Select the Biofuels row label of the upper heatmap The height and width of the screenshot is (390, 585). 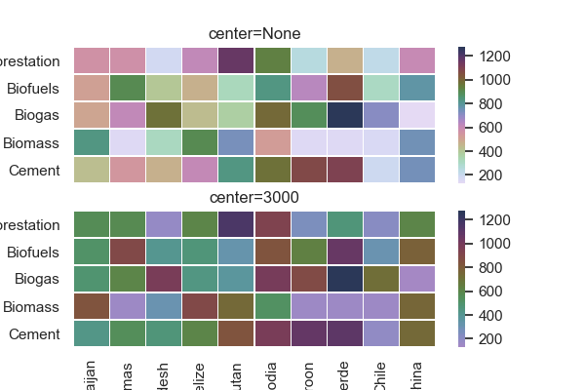[x=33, y=89]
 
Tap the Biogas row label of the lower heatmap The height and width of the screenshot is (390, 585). [x=40, y=280]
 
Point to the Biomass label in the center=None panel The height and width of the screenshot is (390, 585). [x=36, y=143]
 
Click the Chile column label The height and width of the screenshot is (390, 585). [x=381, y=373]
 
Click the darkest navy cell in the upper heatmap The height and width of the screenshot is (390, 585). [x=344, y=115]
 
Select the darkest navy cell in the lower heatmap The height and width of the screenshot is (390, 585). [x=344, y=279]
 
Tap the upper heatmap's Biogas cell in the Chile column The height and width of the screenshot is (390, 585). [x=380, y=115]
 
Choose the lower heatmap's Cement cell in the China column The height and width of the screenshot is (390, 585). [x=416, y=333]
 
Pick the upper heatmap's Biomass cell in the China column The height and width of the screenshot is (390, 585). [x=416, y=142]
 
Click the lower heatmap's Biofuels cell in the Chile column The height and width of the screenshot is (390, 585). [x=380, y=252]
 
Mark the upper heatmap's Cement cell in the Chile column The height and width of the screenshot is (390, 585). [x=380, y=170]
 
